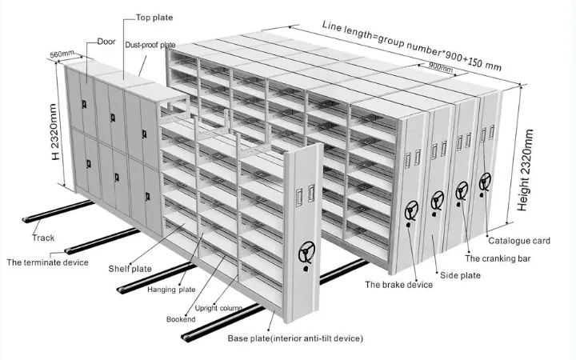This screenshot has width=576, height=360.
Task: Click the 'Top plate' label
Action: click(x=154, y=17)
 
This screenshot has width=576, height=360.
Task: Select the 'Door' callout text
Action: click(x=107, y=41)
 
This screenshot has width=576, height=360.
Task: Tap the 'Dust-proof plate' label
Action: click(x=150, y=46)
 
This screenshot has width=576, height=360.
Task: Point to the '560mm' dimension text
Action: click(x=62, y=54)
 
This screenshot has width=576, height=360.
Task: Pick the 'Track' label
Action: click(x=43, y=238)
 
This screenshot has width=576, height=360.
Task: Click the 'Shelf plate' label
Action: click(x=130, y=269)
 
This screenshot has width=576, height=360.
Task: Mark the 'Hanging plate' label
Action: click(x=171, y=289)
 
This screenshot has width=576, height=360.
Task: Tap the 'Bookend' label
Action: click(x=181, y=319)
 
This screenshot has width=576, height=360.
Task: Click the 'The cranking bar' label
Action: click(x=498, y=258)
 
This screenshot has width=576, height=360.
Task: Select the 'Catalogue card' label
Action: click(x=519, y=240)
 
